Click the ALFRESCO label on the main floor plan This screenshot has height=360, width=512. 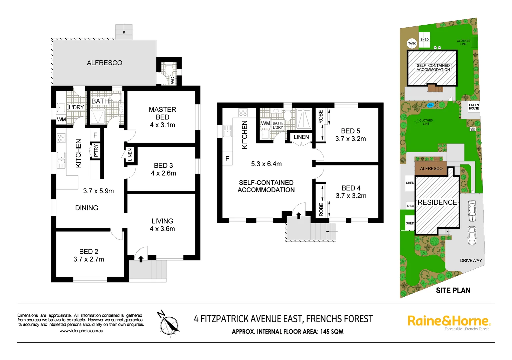(x=104, y=63)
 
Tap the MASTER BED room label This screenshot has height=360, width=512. (x=162, y=113)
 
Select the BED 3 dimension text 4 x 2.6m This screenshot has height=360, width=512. (x=163, y=173)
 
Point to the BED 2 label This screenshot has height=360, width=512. (x=89, y=252)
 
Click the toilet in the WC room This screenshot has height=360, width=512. (x=169, y=70)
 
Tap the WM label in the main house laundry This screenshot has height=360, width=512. (x=61, y=119)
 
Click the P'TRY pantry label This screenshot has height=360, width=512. (x=96, y=150)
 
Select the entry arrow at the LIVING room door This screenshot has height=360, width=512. (x=141, y=259)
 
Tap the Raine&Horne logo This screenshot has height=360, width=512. (x=449, y=321)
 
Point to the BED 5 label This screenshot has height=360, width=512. (x=351, y=131)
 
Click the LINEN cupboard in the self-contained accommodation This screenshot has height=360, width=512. (x=301, y=137)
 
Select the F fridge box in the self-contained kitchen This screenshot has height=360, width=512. (x=227, y=159)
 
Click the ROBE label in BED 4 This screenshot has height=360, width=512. (x=321, y=209)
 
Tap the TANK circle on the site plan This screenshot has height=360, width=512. (x=412, y=43)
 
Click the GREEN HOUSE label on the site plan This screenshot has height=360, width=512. (x=474, y=107)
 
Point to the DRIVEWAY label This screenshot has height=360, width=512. (x=471, y=260)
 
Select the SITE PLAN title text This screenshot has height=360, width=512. (x=453, y=291)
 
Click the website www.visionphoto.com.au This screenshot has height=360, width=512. (x=81, y=331)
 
